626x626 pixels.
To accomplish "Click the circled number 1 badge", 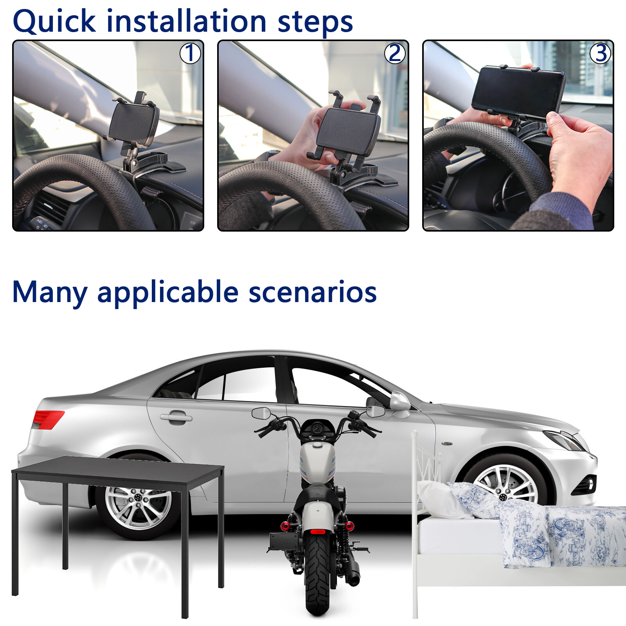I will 190,53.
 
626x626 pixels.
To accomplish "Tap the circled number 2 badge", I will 395,53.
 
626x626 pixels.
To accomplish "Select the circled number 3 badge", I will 600,53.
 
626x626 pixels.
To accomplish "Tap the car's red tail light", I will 47,419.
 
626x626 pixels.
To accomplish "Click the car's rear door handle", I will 176,417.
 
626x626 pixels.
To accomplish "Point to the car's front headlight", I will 563,440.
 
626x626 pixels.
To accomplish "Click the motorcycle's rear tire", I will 318,575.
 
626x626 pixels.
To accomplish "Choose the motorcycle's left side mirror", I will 261,412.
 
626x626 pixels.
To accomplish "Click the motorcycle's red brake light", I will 318,532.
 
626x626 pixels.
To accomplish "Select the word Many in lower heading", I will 50,293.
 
